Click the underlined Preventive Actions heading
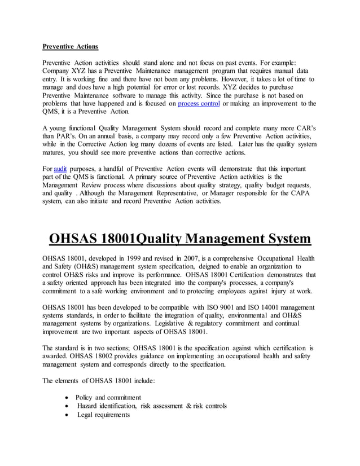click(x=71, y=46)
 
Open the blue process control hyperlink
click(x=200, y=104)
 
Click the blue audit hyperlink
click(x=60, y=169)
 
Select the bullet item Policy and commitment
click(x=108, y=398)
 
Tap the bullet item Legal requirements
click(x=103, y=415)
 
